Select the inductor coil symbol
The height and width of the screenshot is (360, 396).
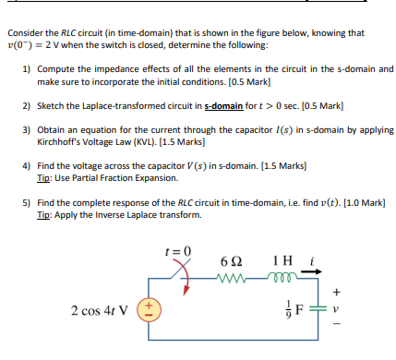coord(283,275)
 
